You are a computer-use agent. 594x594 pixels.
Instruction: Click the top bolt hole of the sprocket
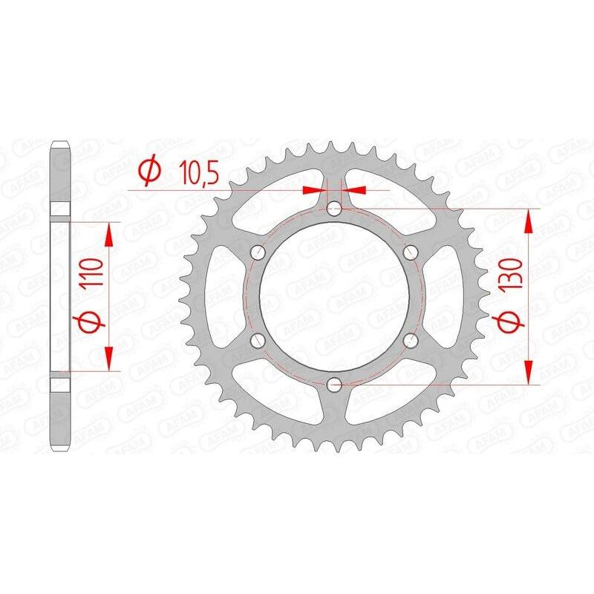click(x=334, y=209)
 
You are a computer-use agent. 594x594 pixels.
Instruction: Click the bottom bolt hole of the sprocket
click(x=334, y=384)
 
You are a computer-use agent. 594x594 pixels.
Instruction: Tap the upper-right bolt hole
click(x=410, y=252)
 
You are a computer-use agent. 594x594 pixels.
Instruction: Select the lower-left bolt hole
click(x=258, y=340)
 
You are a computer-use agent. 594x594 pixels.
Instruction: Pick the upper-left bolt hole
click(x=258, y=252)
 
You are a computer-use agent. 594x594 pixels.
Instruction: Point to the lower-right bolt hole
click(x=410, y=340)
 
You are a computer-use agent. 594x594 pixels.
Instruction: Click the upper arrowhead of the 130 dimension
click(x=528, y=220)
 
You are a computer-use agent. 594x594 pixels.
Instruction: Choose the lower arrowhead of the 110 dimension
click(x=109, y=359)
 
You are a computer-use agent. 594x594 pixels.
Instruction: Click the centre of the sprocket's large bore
click(x=334, y=296)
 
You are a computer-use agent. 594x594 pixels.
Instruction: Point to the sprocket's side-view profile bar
click(x=61, y=296)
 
